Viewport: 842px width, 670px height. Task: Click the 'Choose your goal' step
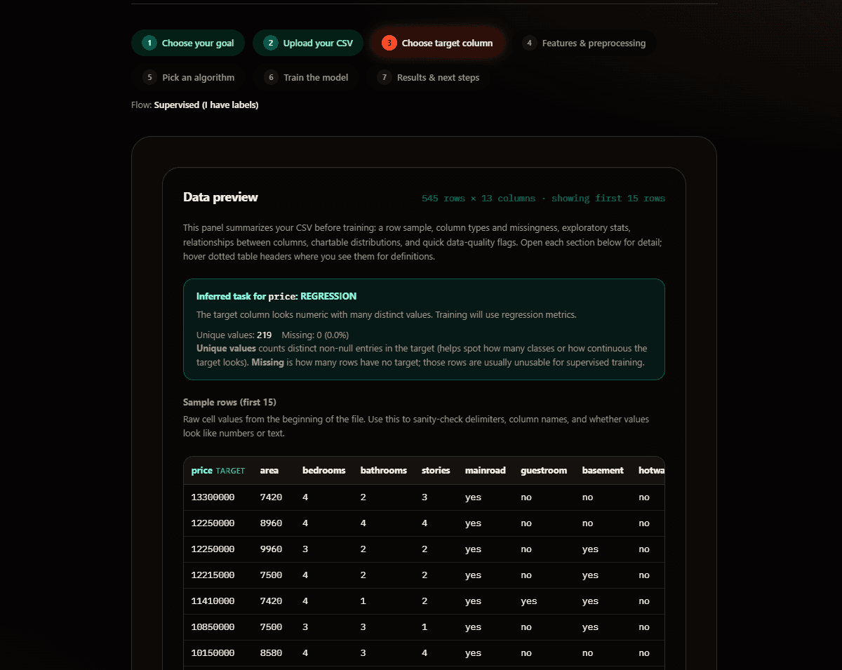(x=188, y=43)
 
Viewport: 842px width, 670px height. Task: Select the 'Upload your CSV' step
(x=308, y=43)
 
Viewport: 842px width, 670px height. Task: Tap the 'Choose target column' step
(x=437, y=43)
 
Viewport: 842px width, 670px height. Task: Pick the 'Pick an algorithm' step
(x=189, y=78)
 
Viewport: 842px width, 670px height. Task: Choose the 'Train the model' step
(x=307, y=78)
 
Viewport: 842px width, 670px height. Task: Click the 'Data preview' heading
(x=220, y=197)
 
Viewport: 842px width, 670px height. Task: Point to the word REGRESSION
(x=328, y=296)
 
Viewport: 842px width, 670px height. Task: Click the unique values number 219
(x=264, y=335)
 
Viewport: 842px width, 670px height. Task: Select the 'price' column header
(x=201, y=470)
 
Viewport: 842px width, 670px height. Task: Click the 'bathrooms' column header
(x=383, y=470)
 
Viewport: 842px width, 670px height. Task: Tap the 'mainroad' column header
(x=485, y=470)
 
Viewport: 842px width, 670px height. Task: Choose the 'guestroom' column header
(x=543, y=470)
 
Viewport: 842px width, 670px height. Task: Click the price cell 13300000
(x=213, y=497)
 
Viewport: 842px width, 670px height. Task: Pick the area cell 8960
(x=271, y=523)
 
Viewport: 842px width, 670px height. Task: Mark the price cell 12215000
(x=213, y=575)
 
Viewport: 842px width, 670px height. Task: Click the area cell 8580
(x=271, y=653)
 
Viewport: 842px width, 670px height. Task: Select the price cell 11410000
(x=213, y=601)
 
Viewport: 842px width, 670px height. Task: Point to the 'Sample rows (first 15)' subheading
(x=229, y=402)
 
